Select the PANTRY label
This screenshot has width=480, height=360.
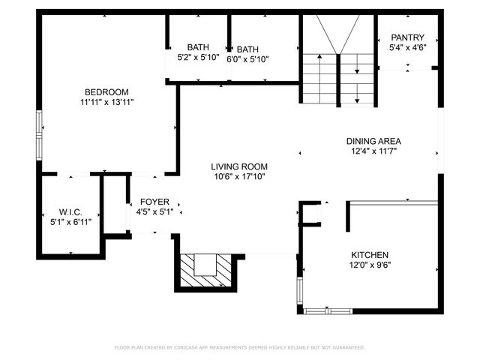click(x=407, y=37)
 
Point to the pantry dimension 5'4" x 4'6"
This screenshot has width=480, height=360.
click(x=407, y=48)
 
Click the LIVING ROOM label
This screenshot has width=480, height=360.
click(x=238, y=166)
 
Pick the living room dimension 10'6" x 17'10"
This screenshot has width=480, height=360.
click(x=238, y=177)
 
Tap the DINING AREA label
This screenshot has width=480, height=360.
click(x=373, y=141)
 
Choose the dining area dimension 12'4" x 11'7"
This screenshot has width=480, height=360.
click(x=373, y=151)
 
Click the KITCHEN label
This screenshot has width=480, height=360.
click(x=369, y=254)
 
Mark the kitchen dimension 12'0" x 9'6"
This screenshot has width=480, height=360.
click(x=369, y=265)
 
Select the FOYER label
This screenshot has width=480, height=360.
click(x=155, y=202)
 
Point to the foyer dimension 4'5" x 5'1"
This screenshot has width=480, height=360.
click(x=155, y=212)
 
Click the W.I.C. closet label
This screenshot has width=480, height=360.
click(x=70, y=212)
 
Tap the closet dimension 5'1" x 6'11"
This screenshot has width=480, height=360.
click(x=70, y=223)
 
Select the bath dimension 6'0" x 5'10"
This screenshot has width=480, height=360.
click(x=247, y=59)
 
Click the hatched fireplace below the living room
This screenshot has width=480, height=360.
click(x=205, y=272)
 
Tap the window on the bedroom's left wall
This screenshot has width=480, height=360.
click(x=40, y=124)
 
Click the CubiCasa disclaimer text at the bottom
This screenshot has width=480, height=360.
click(x=239, y=347)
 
